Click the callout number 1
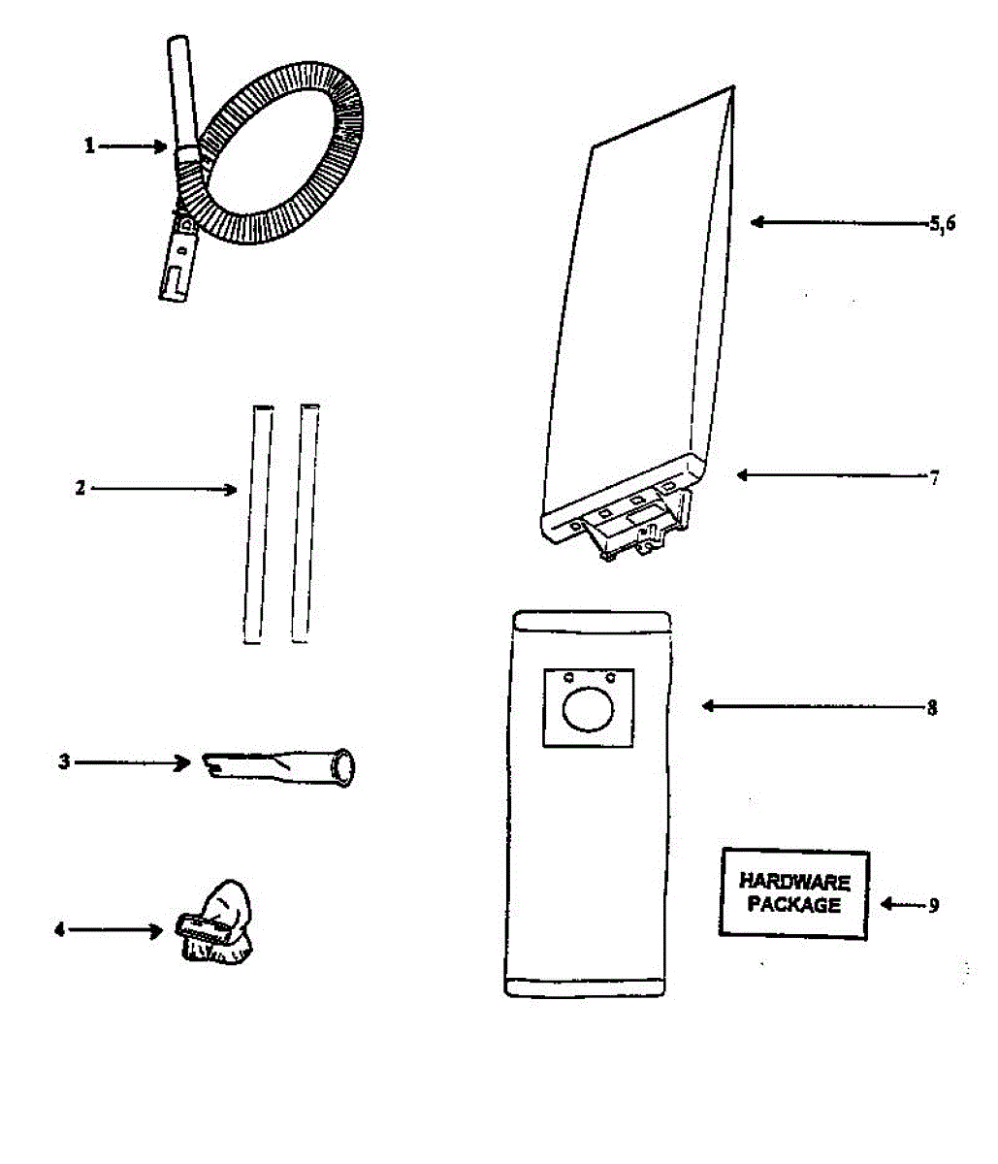pos(89,146)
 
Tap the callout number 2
pos(81,488)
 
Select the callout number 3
pos(64,762)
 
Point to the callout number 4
pos(59,929)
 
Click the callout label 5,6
pos(942,223)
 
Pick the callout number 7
pos(934,476)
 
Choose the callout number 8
pos(932,707)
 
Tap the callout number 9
pos(933,905)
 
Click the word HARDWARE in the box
pos(794,883)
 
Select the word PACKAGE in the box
pos(794,905)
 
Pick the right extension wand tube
pos(305,524)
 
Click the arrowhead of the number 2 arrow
pos(231,489)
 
